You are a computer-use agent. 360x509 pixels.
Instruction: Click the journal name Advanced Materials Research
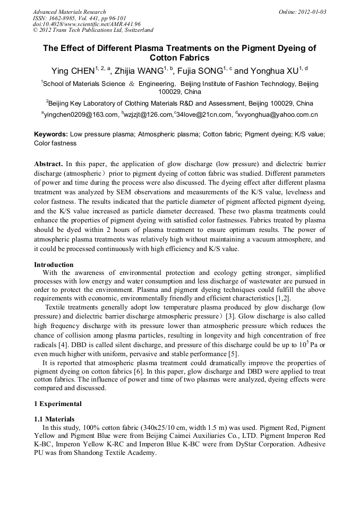[x=69, y=12]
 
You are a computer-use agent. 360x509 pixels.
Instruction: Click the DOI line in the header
[x=87, y=24]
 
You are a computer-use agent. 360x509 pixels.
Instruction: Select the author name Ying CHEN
[x=72, y=71]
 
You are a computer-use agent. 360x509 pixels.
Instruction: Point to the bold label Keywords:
[x=51, y=135]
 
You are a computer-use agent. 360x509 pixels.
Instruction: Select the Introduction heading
[x=54, y=264]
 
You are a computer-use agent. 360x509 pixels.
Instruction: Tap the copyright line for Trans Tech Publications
[x=93, y=30]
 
